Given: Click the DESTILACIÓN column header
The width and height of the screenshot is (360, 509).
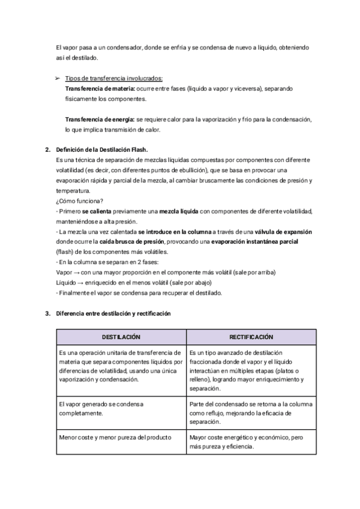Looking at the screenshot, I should click(121, 337).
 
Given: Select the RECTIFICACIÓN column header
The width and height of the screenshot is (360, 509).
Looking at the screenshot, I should click(251, 337).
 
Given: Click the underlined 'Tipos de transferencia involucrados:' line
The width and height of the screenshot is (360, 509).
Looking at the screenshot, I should click(113, 78).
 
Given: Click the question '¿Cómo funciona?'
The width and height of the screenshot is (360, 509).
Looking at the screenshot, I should click(79, 201).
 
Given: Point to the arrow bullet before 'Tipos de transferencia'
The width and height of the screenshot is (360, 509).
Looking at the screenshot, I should click(58, 78).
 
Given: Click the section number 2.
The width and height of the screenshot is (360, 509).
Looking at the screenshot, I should click(47, 149).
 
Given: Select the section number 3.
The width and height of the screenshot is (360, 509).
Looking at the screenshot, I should click(47, 313).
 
